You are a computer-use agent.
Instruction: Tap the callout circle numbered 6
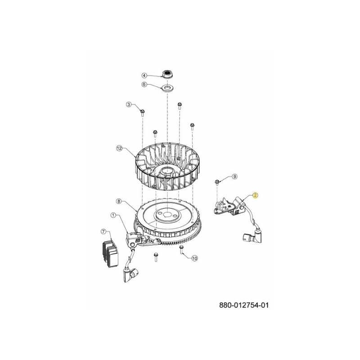tap(144, 84)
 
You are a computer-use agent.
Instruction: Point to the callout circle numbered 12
tap(119, 148)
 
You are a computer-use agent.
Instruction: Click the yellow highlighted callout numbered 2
tap(255, 195)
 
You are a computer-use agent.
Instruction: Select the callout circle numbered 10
tap(194, 258)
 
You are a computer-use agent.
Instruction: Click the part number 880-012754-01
tap(244, 305)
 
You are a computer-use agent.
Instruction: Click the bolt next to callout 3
tap(142, 111)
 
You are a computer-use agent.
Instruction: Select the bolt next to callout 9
tap(218, 182)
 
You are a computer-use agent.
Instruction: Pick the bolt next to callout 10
tap(182, 249)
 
